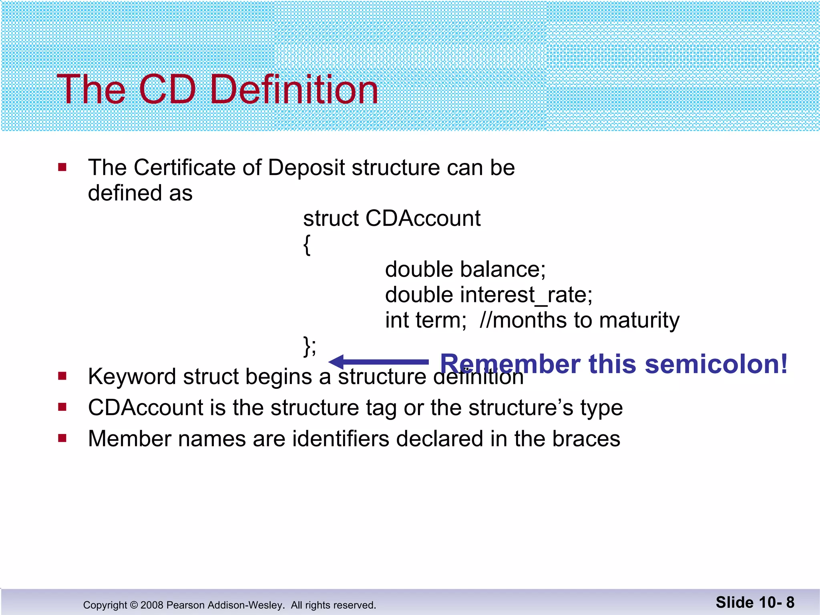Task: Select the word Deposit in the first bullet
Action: (x=306, y=168)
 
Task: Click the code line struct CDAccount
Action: (x=392, y=219)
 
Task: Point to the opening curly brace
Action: (x=307, y=245)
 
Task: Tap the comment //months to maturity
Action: (x=579, y=320)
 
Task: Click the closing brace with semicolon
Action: (x=310, y=346)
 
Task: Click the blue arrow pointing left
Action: (x=378, y=362)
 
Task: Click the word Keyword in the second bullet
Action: (x=132, y=377)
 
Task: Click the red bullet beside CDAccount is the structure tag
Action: (x=62, y=407)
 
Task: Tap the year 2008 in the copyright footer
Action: (x=152, y=605)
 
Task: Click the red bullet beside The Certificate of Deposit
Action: (x=62, y=167)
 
